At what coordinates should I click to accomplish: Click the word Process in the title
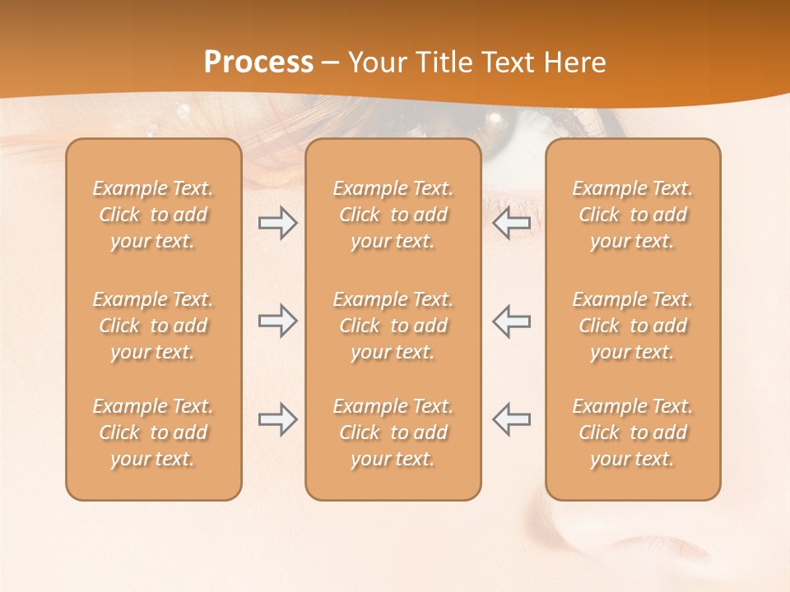click(258, 62)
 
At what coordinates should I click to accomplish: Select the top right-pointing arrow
click(278, 223)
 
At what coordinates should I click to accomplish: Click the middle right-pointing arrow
click(278, 321)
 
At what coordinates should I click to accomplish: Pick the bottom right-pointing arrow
click(278, 419)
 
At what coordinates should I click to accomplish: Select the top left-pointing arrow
click(511, 223)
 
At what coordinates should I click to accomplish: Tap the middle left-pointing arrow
click(511, 321)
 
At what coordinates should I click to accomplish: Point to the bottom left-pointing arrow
click(511, 419)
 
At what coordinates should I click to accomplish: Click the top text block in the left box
click(153, 215)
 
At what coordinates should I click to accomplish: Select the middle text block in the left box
click(153, 326)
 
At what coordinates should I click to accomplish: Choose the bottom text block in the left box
click(153, 432)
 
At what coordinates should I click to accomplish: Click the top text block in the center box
click(393, 215)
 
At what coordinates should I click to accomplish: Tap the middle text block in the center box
click(393, 326)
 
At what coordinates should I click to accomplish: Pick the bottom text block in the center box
click(393, 432)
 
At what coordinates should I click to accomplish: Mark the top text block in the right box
click(633, 215)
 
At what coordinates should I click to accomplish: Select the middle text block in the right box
click(633, 326)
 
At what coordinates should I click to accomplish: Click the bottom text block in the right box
click(633, 432)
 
